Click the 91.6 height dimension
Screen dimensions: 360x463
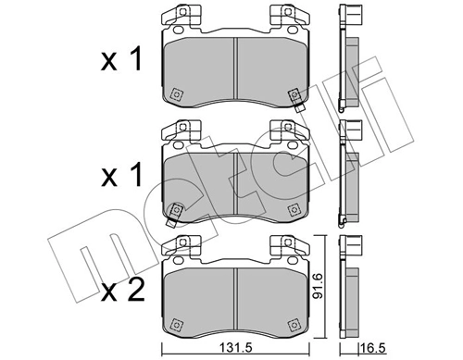pyautogui.click(x=319, y=287)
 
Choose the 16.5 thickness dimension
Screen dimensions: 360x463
pyautogui.click(x=371, y=350)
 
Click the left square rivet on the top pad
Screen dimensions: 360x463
pyautogui.click(x=176, y=93)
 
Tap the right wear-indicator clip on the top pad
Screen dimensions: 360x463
pyautogui.click(x=294, y=97)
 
